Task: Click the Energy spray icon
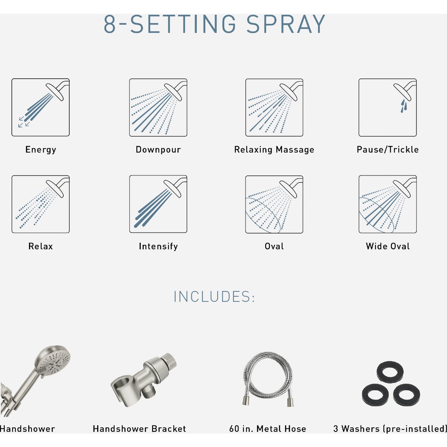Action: click(x=40, y=107)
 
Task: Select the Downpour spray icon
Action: click(x=158, y=107)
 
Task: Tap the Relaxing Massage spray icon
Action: click(x=274, y=107)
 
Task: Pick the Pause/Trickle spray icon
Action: click(x=387, y=107)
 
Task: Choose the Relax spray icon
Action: click(x=40, y=204)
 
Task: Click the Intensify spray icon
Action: click(x=158, y=204)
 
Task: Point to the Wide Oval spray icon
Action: click(x=387, y=204)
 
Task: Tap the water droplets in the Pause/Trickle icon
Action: click(x=403, y=106)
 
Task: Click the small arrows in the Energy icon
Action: click(x=23, y=122)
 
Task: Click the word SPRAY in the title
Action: click(x=286, y=25)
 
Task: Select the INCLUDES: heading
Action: click(x=214, y=297)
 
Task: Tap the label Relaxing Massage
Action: click(x=274, y=150)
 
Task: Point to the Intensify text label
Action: click(x=158, y=246)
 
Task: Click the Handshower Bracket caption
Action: click(x=139, y=429)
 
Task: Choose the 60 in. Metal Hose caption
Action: click(x=267, y=429)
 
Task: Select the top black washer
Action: click(x=390, y=372)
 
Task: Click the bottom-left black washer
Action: click(x=375, y=394)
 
